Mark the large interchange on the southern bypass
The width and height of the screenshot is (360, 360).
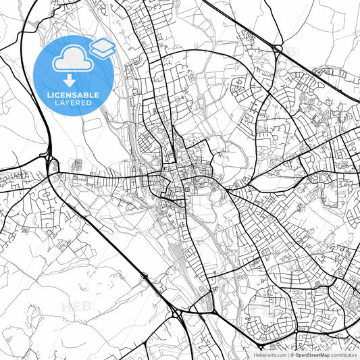pos(177,313)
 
